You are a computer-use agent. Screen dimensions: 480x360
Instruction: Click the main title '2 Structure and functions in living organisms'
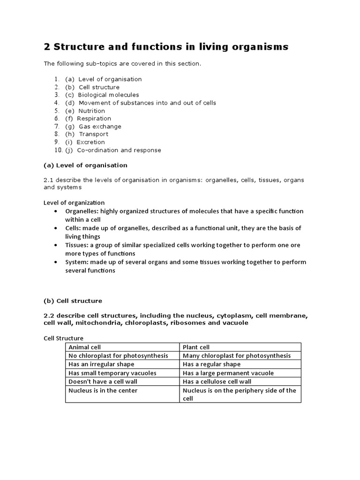166,47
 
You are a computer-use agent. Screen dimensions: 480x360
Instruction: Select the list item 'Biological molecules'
108,95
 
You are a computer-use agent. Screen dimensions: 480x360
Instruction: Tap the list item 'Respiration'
94,119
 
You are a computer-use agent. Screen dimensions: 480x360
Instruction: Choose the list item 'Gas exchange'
99,127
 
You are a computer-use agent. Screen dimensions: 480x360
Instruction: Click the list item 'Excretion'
90,142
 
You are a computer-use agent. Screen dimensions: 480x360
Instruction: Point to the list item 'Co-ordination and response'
119,150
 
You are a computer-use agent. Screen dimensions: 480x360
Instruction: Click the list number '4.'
57,103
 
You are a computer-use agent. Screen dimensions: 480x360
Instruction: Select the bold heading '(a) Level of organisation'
85,165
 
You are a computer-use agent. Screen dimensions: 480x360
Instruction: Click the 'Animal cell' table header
85,347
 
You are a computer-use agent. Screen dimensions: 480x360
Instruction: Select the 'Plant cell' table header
196,347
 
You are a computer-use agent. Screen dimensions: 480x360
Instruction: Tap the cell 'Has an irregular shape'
101,364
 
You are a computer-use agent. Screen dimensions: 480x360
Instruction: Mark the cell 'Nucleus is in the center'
103,390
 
